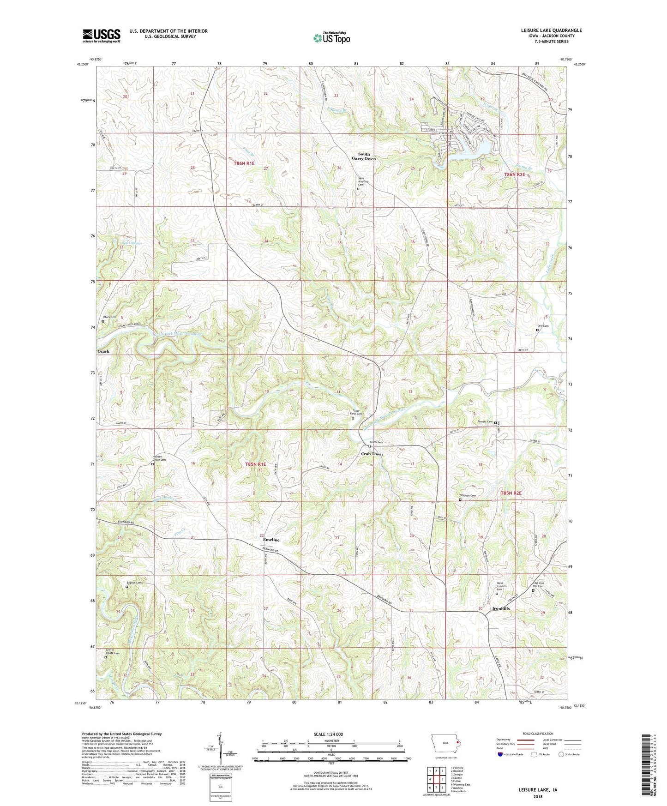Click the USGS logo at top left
[x=102, y=35]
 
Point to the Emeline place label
[x=271, y=540]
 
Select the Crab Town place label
[x=372, y=454]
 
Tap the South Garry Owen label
[x=364, y=156]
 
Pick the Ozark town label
[x=103, y=351]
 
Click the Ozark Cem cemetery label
[x=109, y=317]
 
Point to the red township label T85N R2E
[x=511, y=493]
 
